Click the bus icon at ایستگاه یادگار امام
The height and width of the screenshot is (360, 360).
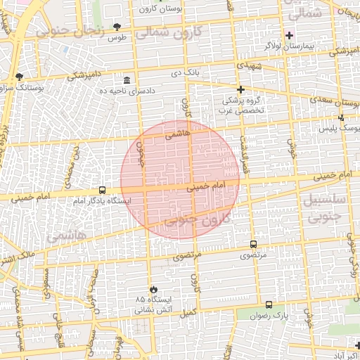click(103, 190)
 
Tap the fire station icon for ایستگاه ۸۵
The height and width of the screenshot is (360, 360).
click(153, 289)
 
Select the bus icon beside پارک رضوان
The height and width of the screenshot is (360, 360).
click(269, 304)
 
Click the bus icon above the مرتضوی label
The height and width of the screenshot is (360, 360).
click(253, 244)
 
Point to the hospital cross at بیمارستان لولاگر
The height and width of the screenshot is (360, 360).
click(289, 35)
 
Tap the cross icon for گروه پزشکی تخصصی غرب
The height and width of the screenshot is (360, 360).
click(240, 89)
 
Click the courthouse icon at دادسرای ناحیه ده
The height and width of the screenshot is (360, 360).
click(127, 81)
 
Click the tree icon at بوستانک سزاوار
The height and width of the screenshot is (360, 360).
click(19, 77)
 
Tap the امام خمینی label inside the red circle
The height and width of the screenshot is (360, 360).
click(205, 186)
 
